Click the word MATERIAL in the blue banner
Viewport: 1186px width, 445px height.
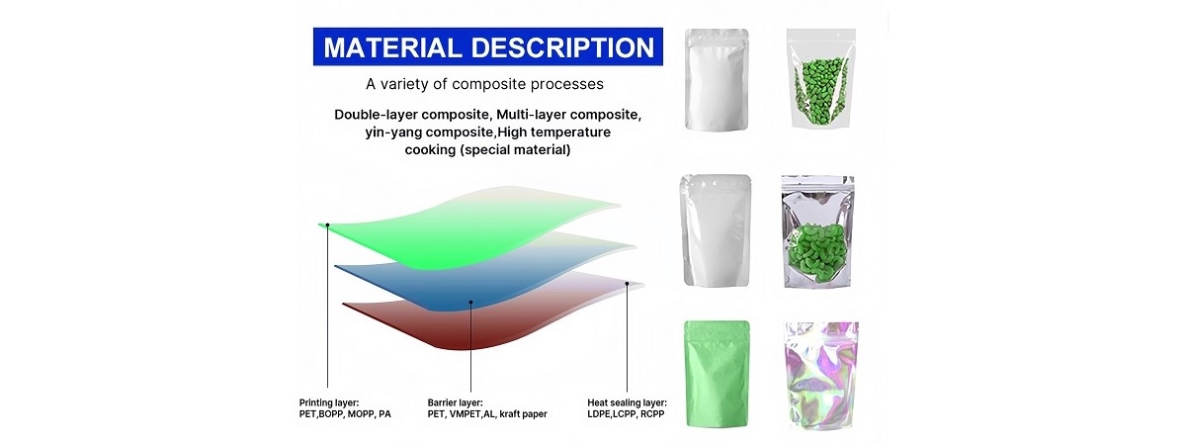tap(392, 47)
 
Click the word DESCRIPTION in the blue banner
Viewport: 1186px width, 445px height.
tap(562, 47)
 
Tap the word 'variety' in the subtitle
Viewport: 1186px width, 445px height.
tap(404, 84)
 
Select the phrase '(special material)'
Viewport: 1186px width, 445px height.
tap(515, 150)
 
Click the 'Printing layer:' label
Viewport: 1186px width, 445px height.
tap(329, 402)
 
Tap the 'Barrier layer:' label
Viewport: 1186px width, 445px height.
tap(455, 402)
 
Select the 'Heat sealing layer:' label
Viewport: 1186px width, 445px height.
tap(627, 402)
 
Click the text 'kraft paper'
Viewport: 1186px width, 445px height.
tap(523, 414)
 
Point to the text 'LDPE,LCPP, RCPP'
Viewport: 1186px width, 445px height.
tap(626, 414)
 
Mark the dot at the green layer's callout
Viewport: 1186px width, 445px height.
tap(328, 225)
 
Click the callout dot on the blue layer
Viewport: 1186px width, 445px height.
tap(470, 302)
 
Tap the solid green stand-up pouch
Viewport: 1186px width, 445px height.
tap(717, 374)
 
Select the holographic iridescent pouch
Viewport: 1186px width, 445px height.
tap(821, 375)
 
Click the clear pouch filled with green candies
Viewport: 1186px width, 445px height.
tap(820, 78)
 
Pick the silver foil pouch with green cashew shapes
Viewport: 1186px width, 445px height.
tap(818, 232)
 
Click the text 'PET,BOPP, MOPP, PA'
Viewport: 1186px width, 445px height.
tap(345, 414)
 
